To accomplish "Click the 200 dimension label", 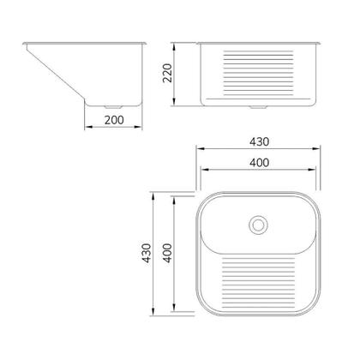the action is tap(114, 120).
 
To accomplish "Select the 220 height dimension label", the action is tap(167, 73).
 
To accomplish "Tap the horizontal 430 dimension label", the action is tap(259, 141).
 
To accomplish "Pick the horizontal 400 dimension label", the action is tap(259, 163).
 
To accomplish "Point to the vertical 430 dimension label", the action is tap(147, 253).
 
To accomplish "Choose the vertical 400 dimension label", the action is tap(167, 253).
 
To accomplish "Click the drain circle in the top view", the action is tap(258, 225).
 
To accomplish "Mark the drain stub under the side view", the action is tap(113, 107).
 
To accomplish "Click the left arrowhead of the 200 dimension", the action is tap(89, 127).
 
